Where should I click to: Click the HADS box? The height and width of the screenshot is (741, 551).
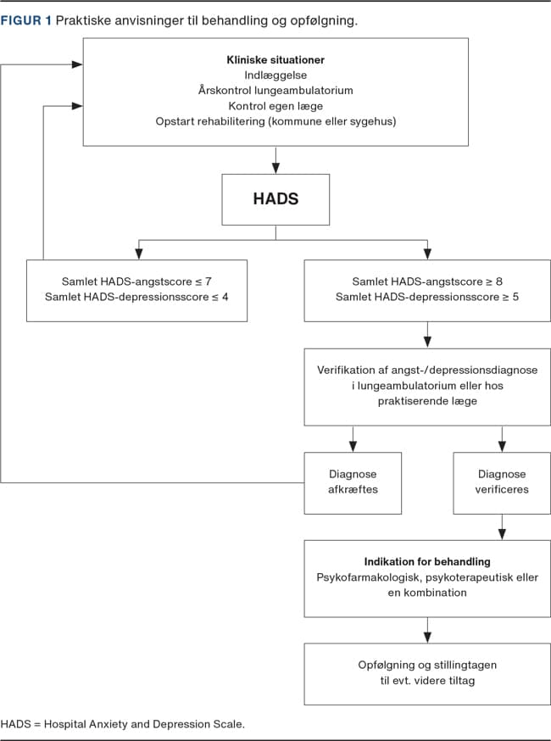[x=275, y=199]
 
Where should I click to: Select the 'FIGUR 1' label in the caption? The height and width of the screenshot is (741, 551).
[x=25, y=21]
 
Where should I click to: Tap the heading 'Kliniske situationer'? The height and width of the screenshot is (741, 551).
[x=275, y=60]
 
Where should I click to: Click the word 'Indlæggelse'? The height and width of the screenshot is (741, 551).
[x=275, y=75]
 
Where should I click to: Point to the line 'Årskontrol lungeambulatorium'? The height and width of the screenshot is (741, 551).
[x=275, y=90]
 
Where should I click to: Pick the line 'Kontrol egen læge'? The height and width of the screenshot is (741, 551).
[x=275, y=106]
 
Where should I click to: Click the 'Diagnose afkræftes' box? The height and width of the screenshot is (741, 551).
[x=353, y=483]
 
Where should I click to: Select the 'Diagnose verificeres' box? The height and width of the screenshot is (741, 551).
[x=502, y=483]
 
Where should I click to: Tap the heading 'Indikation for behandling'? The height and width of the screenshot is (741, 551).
[x=427, y=562]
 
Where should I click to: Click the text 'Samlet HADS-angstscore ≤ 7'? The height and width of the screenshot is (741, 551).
[x=136, y=281]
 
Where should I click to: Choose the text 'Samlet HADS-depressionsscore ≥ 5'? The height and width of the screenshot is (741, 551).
[x=427, y=298]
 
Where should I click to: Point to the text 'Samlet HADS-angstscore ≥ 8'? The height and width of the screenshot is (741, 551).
[x=427, y=281]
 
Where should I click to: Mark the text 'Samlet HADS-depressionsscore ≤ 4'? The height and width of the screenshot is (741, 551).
[x=136, y=298]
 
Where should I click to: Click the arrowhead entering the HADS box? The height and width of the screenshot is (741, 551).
[x=275, y=168]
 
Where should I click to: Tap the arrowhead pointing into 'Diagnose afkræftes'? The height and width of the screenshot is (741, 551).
[x=353, y=446]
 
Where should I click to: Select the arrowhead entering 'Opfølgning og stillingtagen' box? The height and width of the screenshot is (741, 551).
[x=427, y=637]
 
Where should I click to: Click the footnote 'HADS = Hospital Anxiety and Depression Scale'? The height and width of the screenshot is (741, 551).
[x=122, y=724]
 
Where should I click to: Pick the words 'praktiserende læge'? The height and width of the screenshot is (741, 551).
[x=427, y=401]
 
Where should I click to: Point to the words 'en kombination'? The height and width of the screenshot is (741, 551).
[x=427, y=593]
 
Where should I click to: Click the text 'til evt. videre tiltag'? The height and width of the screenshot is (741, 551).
[x=427, y=681]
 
